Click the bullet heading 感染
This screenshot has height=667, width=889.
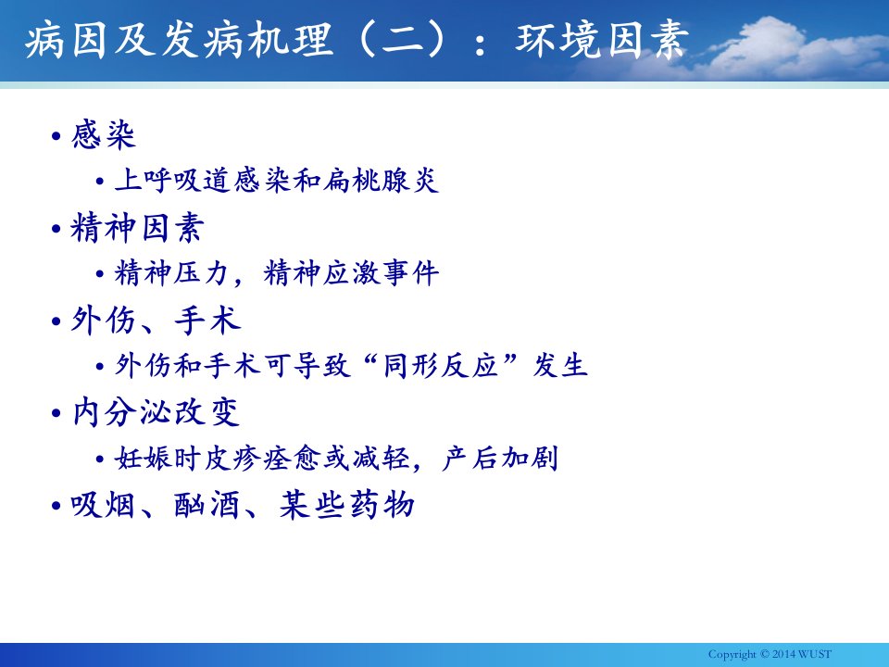click(x=103, y=135)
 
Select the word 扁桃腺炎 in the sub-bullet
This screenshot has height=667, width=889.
click(x=381, y=181)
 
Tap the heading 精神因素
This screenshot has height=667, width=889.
click(x=137, y=228)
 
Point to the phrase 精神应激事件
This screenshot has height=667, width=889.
click(x=351, y=272)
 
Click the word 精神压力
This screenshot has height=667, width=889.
click(x=171, y=272)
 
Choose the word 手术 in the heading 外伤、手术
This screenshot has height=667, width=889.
click(x=207, y=320)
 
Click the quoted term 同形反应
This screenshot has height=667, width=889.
click(x=441, y=365)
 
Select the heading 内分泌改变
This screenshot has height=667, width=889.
click(x=156, y=411)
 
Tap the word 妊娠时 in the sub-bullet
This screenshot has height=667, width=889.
click(x=158, y=458)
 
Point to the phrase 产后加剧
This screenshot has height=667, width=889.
click(x=500, y=458)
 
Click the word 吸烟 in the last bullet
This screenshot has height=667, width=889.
click(x=103, y=504)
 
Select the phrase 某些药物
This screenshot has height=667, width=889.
click(x=346, y=504)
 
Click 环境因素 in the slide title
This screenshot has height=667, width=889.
click(x=602, y=40)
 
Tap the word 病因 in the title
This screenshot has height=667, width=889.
click(x=66, y=40)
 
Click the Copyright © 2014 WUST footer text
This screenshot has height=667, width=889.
click(x=770, y=654)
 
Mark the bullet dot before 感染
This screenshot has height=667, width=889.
click(x=56, y=136)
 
